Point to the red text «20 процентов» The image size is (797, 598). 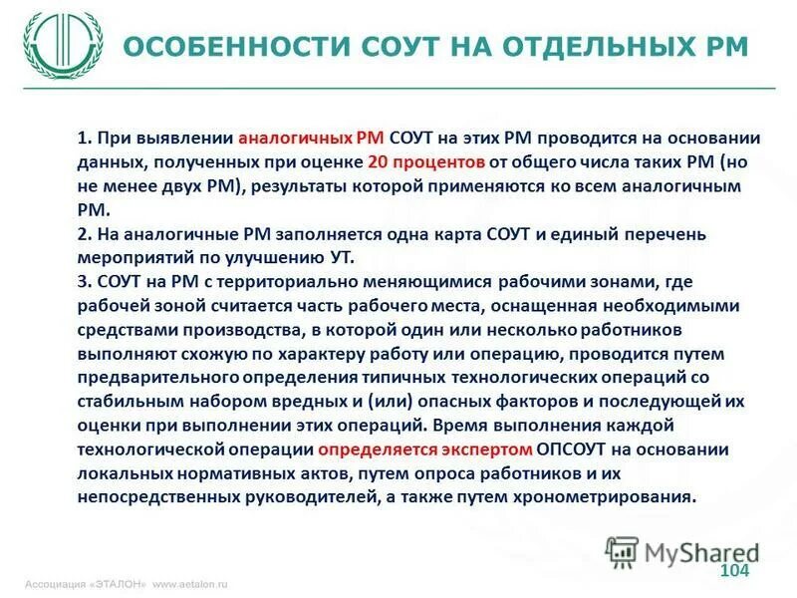tap(425, 162)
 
